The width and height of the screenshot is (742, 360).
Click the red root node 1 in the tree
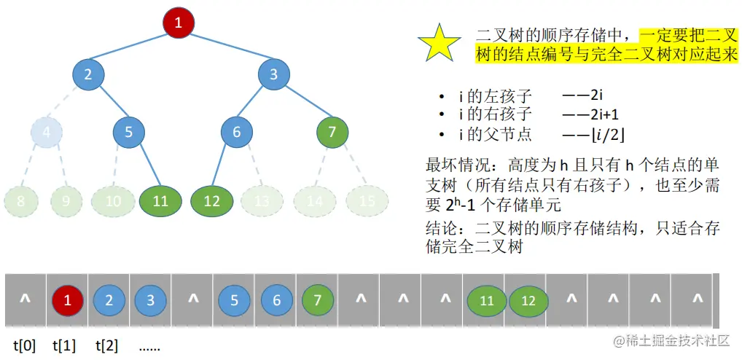click(x=179, y=22)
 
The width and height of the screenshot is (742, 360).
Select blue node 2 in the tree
click(x=89, y=74)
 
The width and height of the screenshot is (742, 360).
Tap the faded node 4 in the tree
click(x=47, y=133)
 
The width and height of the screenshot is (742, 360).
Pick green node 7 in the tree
click(x=332, y=133)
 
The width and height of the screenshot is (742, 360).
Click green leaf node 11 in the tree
click(x=161, y=201)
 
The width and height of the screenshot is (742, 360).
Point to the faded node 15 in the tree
click(x=366, y=201)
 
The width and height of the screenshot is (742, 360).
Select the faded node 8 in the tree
click(x=20, y=201)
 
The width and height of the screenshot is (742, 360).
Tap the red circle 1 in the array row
click(x=67, y=300)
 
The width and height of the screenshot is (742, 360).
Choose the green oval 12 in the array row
click(x=529, y=300)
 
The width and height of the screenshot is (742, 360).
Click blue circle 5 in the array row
click(x=234, y=300)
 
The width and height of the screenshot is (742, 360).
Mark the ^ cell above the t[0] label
click(x=25, y=300)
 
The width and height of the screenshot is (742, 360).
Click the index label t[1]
click(x=65, y=345)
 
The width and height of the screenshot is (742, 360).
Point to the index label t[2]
click(x=107, y=345)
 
